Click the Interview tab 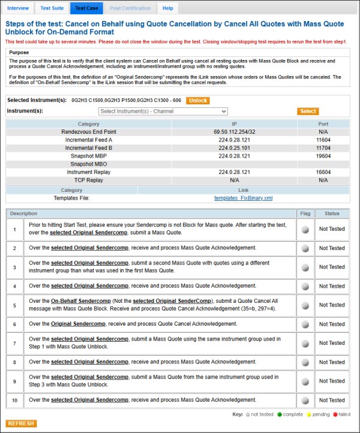coord(18,8)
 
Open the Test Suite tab coord(52,8)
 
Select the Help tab coord(168,8)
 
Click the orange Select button coord(308,111)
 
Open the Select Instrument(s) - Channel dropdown coord(163,112)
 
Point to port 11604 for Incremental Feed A coord(323,140)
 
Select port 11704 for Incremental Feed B coord(323,148)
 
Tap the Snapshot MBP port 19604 coord(323,156)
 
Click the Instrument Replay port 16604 coord(323,172)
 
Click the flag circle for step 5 coord(305,305)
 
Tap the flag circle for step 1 coord(305,229)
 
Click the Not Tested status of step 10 coord(332,400)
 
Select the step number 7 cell coord(14,343)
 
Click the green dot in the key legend coord(279,414)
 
